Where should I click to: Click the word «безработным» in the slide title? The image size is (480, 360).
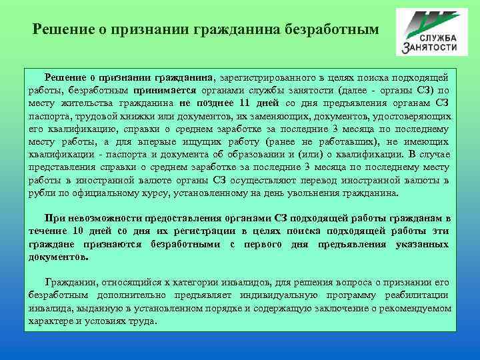pos(333,29)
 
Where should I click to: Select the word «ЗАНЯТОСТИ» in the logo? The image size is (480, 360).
pos(430,47)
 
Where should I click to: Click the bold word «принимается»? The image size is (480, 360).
pos(164,91)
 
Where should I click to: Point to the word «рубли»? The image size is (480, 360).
pos(41,192)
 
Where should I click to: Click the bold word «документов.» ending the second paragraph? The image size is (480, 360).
pos(59,256)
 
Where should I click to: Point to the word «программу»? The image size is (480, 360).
pos(348,295)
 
